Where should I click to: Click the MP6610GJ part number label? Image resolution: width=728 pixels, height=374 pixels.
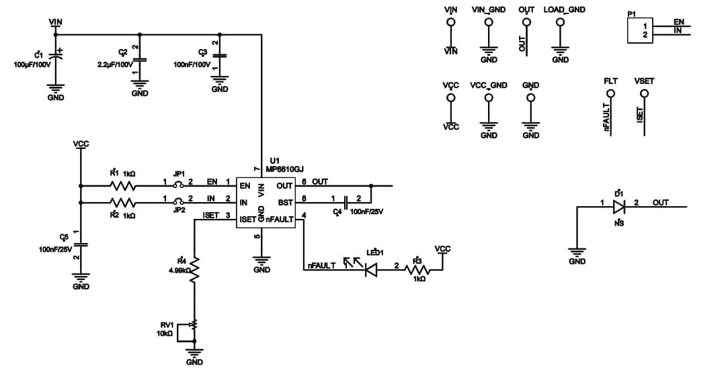pos(285,169)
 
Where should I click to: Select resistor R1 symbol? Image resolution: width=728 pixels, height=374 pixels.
pos(123,185)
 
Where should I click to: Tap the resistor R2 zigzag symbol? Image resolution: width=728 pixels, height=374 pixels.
pos(123,202)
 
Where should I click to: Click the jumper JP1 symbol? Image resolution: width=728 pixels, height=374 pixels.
pos(179,185)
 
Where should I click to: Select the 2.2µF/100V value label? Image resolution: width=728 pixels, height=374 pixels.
pos(115,64)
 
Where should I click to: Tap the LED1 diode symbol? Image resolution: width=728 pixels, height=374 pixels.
pos(368,270)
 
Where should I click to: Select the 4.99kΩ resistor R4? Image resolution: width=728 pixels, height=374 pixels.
pos(194,269)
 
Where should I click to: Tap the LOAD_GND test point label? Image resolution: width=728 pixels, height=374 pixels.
pos(564,10)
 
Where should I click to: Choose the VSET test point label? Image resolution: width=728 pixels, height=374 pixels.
pos(643,81)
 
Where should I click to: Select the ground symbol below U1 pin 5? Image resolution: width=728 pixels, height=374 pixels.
pos(261,259)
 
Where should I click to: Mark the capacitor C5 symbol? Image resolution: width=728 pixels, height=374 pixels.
pos(81,244)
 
